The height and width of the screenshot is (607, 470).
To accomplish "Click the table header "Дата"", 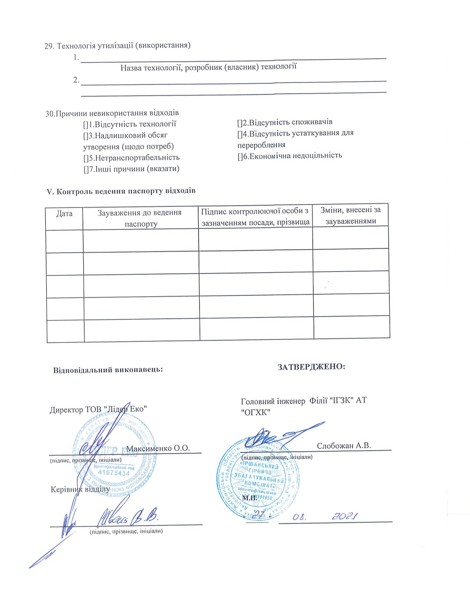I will click(64, 213).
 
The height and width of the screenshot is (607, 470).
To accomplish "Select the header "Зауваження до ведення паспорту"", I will click(140, 218).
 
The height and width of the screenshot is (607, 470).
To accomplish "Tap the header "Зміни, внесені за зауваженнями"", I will click(350, 215).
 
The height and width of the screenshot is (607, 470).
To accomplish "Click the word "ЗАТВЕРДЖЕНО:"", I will click(312, 366).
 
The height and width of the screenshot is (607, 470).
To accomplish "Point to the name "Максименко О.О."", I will click(158, 448).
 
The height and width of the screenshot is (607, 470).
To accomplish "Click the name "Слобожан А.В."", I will click(344, 445).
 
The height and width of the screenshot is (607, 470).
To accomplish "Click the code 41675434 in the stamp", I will click(114, 473).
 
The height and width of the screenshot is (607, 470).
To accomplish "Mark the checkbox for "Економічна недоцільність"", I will click(240, 156).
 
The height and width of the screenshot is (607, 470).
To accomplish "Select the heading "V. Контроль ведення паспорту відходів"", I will click(121, 191).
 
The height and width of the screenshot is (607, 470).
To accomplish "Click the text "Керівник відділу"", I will click(80, 489).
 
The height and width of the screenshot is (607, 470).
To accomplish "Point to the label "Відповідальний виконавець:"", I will click(108, 369).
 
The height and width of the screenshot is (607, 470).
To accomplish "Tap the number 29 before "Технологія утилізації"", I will click(49, 46).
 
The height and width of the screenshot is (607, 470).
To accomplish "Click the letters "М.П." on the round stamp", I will click(249, 498).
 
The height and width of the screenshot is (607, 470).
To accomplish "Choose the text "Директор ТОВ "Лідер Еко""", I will click(99, 410).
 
